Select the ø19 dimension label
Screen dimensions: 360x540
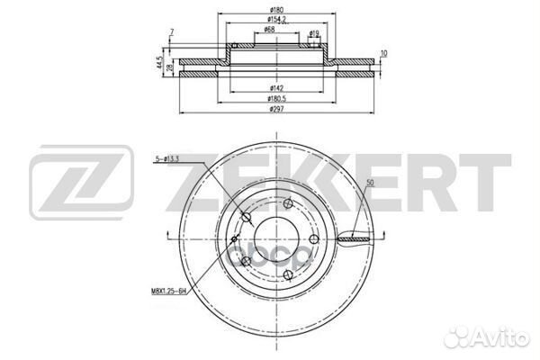(315, 33)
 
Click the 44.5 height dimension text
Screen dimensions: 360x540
(160, 66)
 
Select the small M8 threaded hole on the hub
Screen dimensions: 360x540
(235, 239)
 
